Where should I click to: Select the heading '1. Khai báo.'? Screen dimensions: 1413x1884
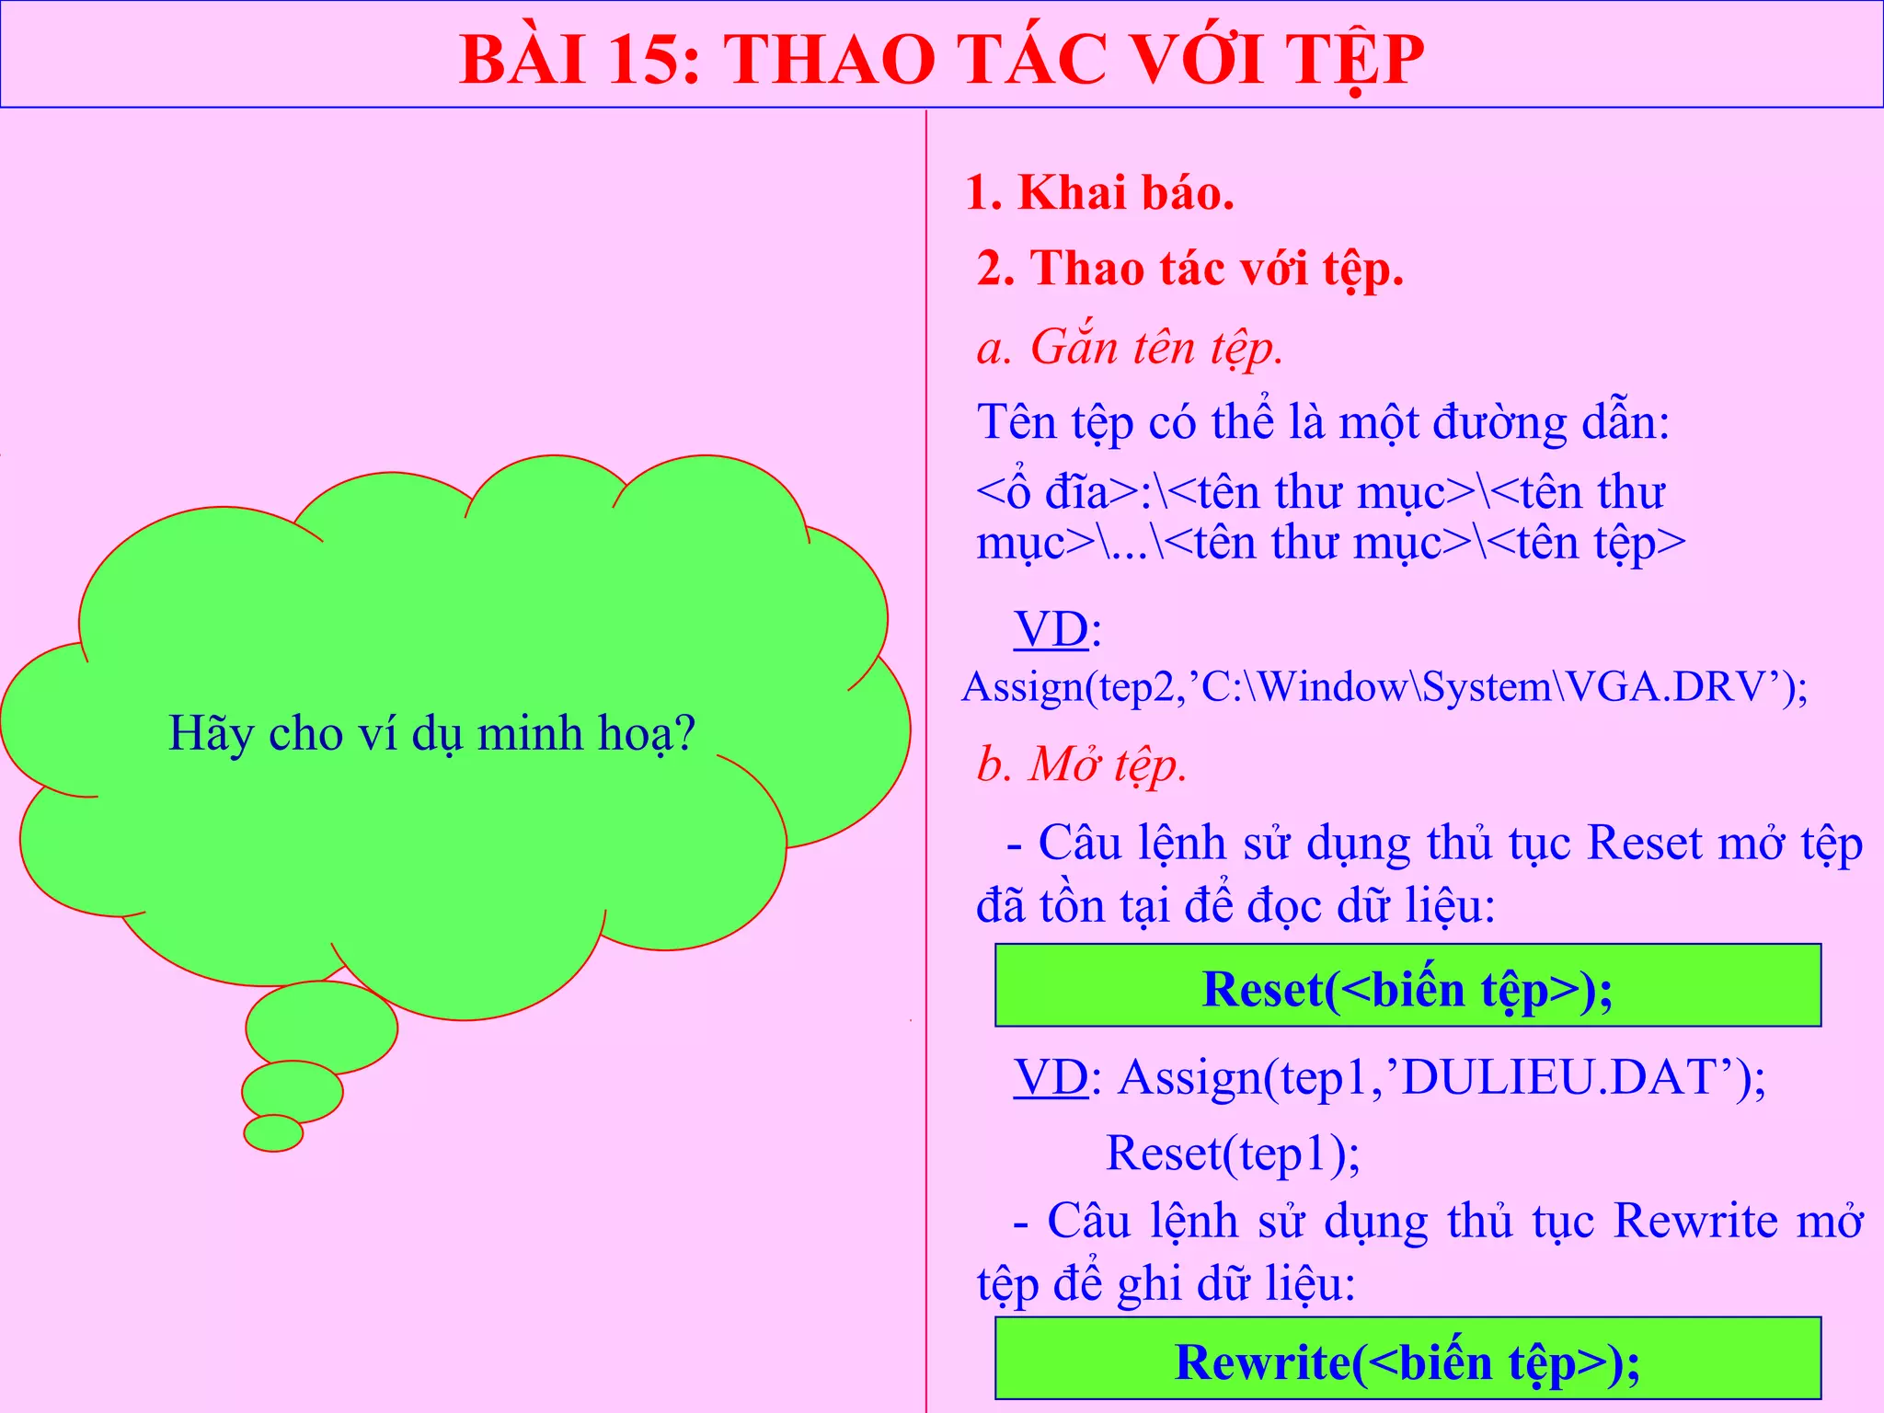(1099, 194)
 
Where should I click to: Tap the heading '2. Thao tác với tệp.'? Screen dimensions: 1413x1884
(1189, 270)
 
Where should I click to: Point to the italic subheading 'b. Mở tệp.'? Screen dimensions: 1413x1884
(1082, 764)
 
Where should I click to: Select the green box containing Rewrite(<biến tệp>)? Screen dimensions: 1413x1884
(1407, 1360)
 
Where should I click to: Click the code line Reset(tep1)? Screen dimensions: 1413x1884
(1233, 1154)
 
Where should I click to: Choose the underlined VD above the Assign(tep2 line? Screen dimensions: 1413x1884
(1051, 630)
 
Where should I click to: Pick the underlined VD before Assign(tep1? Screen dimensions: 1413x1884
(1051, 1077)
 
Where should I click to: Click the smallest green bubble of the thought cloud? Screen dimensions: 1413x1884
(273, 1133)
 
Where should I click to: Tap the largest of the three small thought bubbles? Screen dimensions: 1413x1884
(322, 1027)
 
